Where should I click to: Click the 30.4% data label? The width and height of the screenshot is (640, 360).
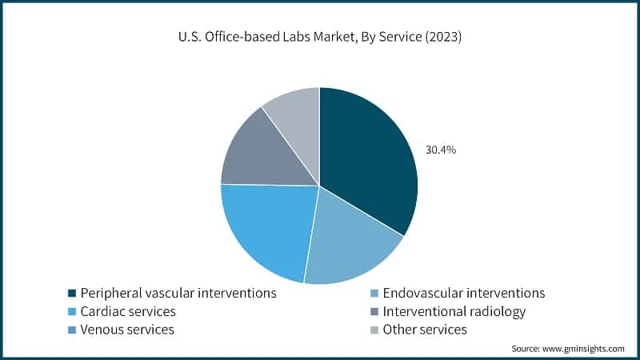coord(440,150)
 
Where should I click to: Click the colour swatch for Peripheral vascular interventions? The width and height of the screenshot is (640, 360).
coord(72,294)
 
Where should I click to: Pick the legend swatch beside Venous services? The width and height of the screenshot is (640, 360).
coord(72,330)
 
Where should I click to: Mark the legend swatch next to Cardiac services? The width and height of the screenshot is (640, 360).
coord(72,312)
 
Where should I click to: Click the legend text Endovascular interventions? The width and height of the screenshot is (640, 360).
coord(464,293)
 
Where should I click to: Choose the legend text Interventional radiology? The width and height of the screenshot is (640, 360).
coord(454,311)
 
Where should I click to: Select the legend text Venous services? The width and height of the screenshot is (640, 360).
coord(128,330)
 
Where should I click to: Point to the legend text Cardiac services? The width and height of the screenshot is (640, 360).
coord(128,311)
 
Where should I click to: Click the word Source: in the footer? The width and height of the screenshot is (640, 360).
coord(527,349)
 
